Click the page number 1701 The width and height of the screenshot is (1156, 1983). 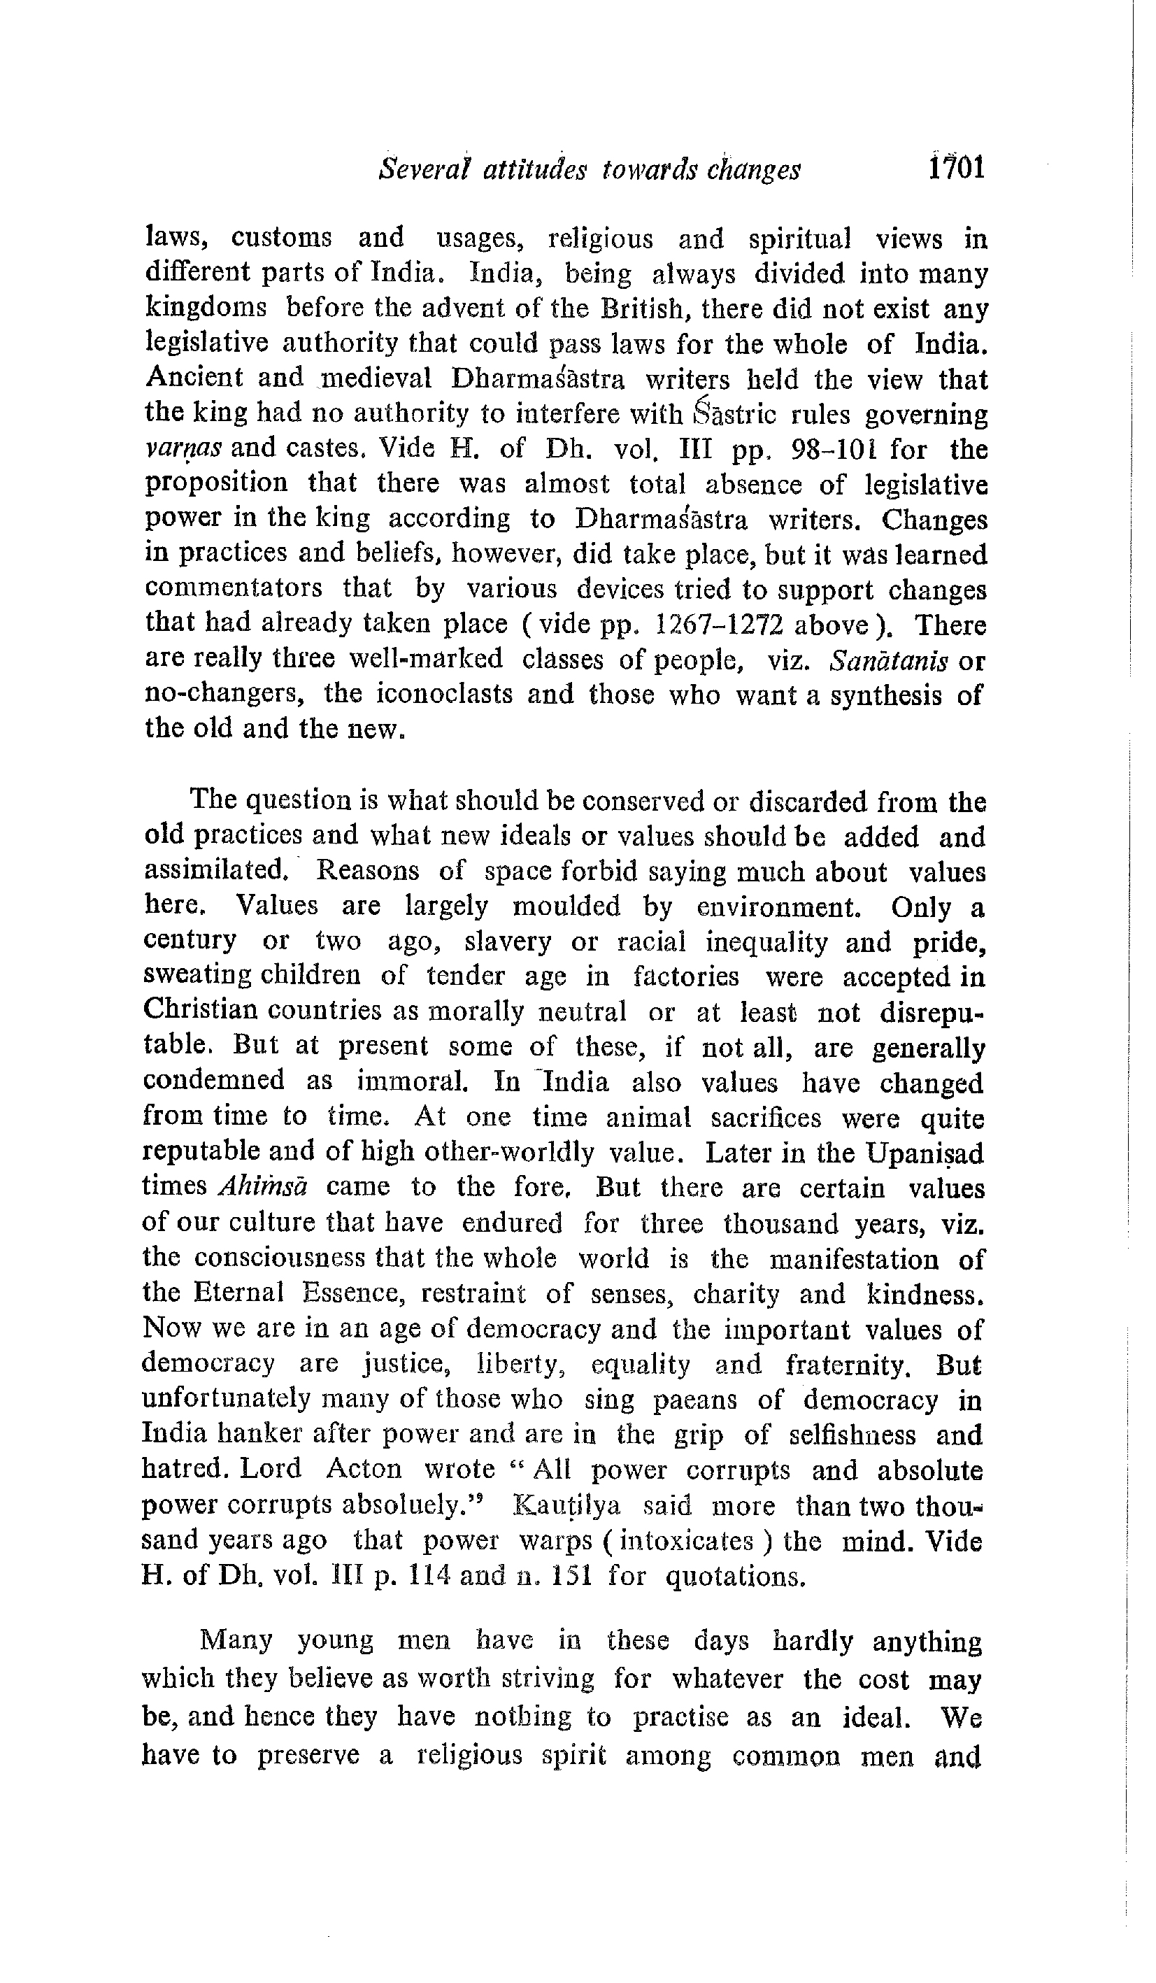[955, 169]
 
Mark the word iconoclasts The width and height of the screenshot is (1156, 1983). [445, 694]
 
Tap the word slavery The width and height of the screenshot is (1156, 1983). [508, 942]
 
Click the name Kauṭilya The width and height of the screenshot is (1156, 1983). [566, 1505]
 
